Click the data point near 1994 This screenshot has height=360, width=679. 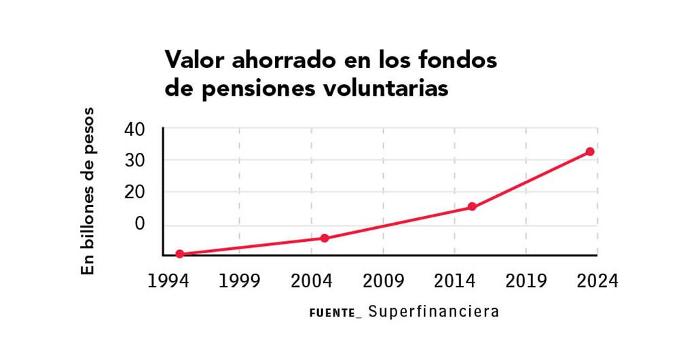(180, 254)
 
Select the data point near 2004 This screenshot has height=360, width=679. (325, 238)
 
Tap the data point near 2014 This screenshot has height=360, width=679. (472, 206)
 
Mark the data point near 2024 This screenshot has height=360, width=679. (590, 151)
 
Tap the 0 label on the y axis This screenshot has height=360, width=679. (140, 223)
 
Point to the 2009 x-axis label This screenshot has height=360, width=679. (384, 281)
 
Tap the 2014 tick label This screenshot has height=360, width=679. (454, 281)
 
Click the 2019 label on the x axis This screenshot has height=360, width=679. (526, 281)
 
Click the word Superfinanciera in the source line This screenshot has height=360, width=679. (435, 312)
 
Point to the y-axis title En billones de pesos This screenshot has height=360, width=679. (89, 191)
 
